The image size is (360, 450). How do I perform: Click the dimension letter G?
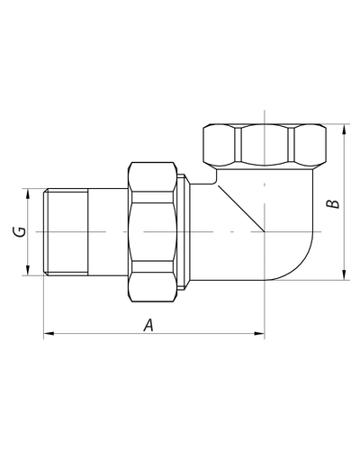pos(20,231)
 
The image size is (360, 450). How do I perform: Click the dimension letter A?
pos(148,325)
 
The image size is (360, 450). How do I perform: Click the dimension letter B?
pos(333,203)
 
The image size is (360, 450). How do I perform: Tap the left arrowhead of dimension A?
pos(49,333)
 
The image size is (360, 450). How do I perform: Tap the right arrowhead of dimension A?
pos(259,333)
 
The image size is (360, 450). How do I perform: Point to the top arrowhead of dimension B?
pos(344,130)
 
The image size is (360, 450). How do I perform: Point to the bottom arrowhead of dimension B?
pos(344,274)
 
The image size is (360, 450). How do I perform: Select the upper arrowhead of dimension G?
pos(28,193)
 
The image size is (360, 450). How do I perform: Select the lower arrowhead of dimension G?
pos(28,270)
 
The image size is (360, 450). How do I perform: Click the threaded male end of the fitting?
pos(66,231)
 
